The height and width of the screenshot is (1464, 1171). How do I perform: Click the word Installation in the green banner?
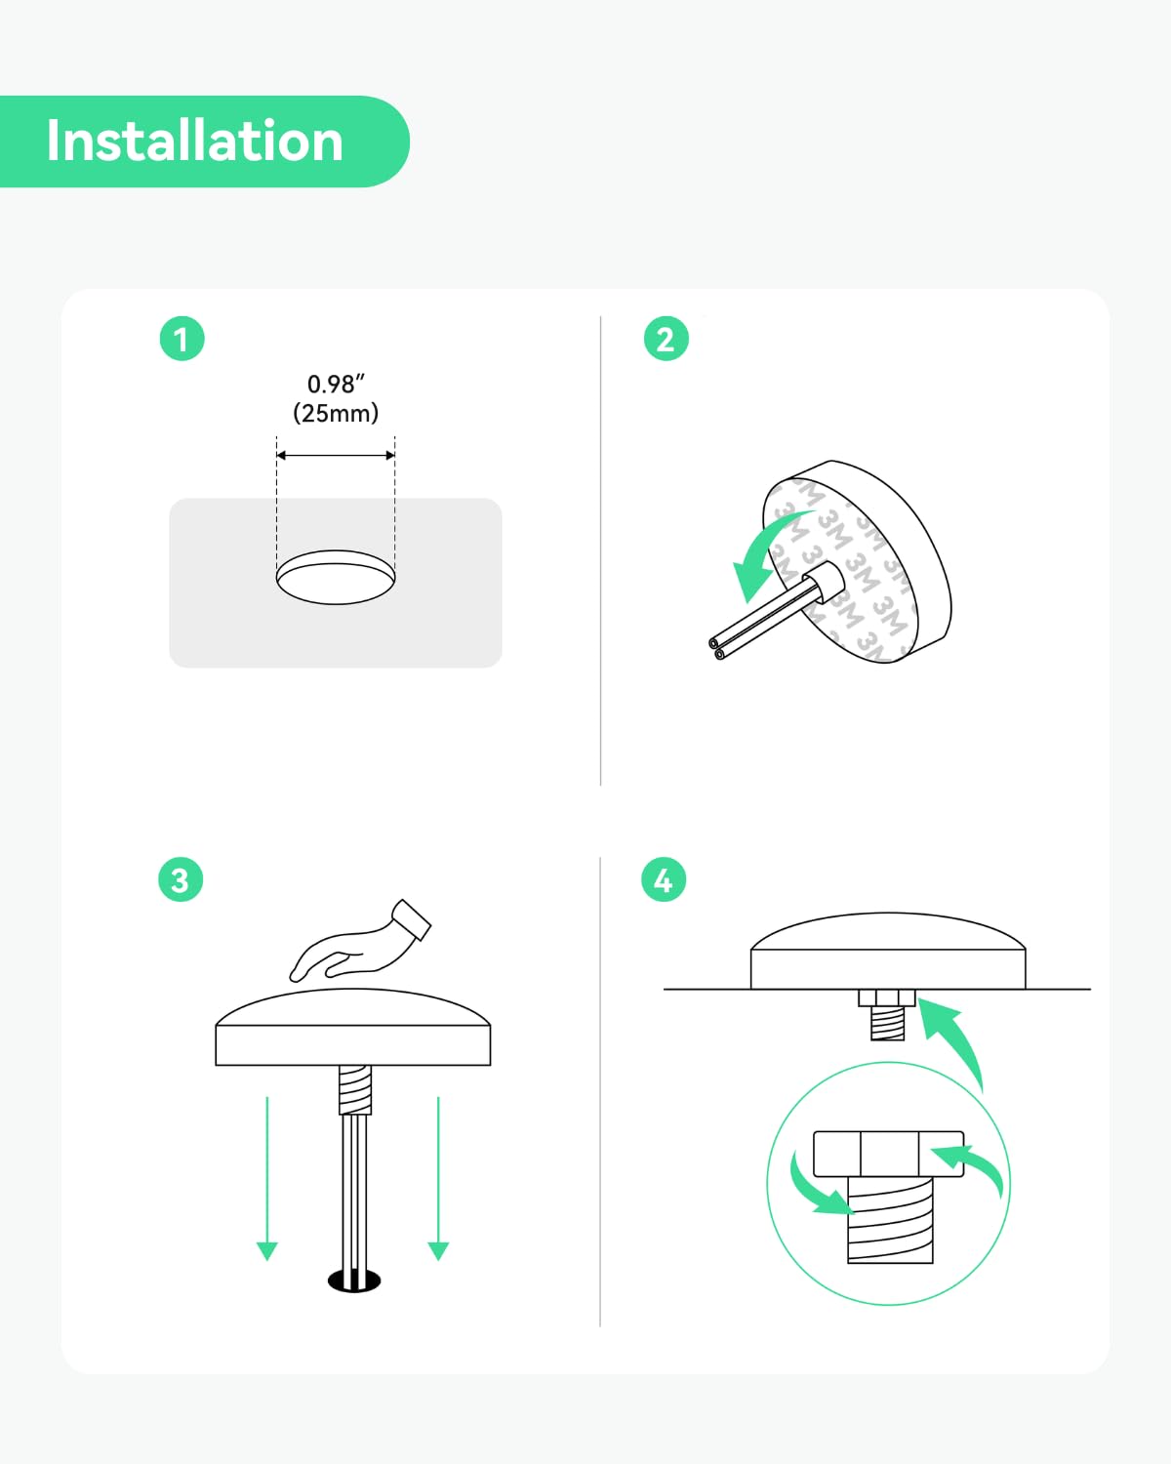194,141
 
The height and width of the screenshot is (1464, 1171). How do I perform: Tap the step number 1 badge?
182,339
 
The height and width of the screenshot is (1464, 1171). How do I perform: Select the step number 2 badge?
666,339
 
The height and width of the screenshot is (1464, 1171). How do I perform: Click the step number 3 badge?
181,879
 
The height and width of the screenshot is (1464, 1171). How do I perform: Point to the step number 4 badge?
664,879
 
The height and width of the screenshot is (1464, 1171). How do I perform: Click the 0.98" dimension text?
336,385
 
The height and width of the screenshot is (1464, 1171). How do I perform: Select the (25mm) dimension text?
336,413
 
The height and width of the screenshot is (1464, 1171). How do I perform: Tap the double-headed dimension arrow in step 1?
336,455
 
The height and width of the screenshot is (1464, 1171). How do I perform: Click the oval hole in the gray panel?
336,577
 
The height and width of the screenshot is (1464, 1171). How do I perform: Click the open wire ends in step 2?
716,648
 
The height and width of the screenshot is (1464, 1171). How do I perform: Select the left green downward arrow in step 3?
266,1178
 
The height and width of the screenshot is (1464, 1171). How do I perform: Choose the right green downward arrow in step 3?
438,1178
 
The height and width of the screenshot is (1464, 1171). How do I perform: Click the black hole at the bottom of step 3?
354,1281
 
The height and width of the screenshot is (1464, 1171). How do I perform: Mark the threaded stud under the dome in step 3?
355,1089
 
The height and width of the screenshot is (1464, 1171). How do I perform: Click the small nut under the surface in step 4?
887,998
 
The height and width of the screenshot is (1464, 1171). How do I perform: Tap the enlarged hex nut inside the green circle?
889,1154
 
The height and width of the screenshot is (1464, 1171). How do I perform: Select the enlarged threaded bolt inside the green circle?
890,1220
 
